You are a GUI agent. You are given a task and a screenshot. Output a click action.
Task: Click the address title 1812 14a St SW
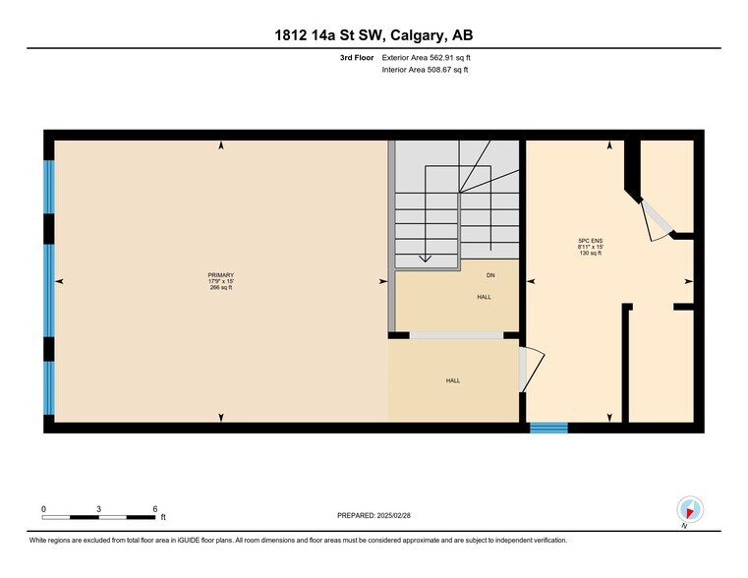point(374,36)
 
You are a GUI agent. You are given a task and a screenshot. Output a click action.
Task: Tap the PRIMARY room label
point(221,274)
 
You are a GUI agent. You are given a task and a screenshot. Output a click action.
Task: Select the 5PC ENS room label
point(590,240)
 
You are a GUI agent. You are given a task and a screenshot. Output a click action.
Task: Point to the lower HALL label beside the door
point(452,380)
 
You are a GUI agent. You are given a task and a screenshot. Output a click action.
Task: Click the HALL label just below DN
point(485,296)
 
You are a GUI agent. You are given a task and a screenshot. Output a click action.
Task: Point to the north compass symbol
point(691,510)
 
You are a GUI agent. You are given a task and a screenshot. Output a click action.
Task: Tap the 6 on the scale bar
point(155,508)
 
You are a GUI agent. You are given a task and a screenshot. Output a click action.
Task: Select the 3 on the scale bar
point(99,508)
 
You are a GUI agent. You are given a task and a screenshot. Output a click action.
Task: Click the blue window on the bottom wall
point(548,428)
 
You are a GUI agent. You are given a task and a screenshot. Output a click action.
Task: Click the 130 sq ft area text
point(590,254)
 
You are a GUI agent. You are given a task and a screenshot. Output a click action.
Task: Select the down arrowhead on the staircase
point(425,260)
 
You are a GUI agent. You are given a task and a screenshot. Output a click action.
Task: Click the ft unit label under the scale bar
point(163,517)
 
